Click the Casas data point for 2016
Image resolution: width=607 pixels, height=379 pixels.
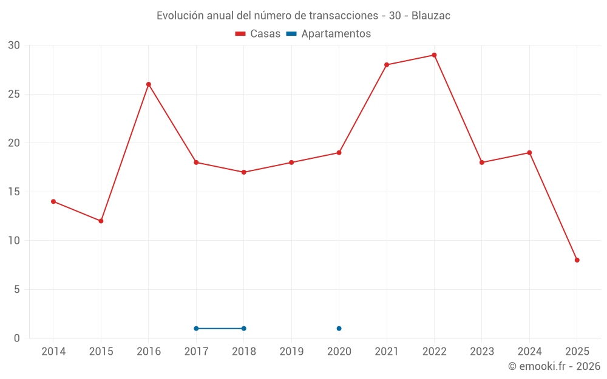(x=149, y=84)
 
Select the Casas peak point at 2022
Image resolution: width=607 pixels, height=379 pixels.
(x=434, y=55)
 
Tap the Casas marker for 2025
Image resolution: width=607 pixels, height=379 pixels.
(x=577, y=260)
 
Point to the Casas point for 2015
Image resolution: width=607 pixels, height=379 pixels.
(x=101, y=221)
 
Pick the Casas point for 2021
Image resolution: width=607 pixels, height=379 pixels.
(x=387, y=65)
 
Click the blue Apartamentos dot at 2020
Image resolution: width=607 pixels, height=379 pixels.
(x=339, y=329)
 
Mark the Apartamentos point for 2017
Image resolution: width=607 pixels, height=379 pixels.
(x=196, y=329)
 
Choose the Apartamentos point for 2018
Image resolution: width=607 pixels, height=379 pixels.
(x=243, y=329)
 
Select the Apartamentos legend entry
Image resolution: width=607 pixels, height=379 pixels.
(x=336, y=34)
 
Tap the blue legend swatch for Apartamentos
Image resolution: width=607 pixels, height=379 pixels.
(x=291, y=34)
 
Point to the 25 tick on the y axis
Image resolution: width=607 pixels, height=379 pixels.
(x=14, y=95)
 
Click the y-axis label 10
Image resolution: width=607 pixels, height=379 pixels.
(x=14, y=241)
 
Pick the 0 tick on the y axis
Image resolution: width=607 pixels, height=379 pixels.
(x=17, y=338)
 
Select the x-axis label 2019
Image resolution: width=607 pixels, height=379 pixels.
(x=291, y=352)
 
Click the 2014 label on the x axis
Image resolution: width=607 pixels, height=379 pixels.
(x=53, y=352)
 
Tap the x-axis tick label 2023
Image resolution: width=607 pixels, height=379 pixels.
(x=482, y=352)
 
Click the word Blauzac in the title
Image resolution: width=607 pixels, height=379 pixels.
(x=431, y=16)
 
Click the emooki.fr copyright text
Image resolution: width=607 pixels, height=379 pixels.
(x=554, y=366)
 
